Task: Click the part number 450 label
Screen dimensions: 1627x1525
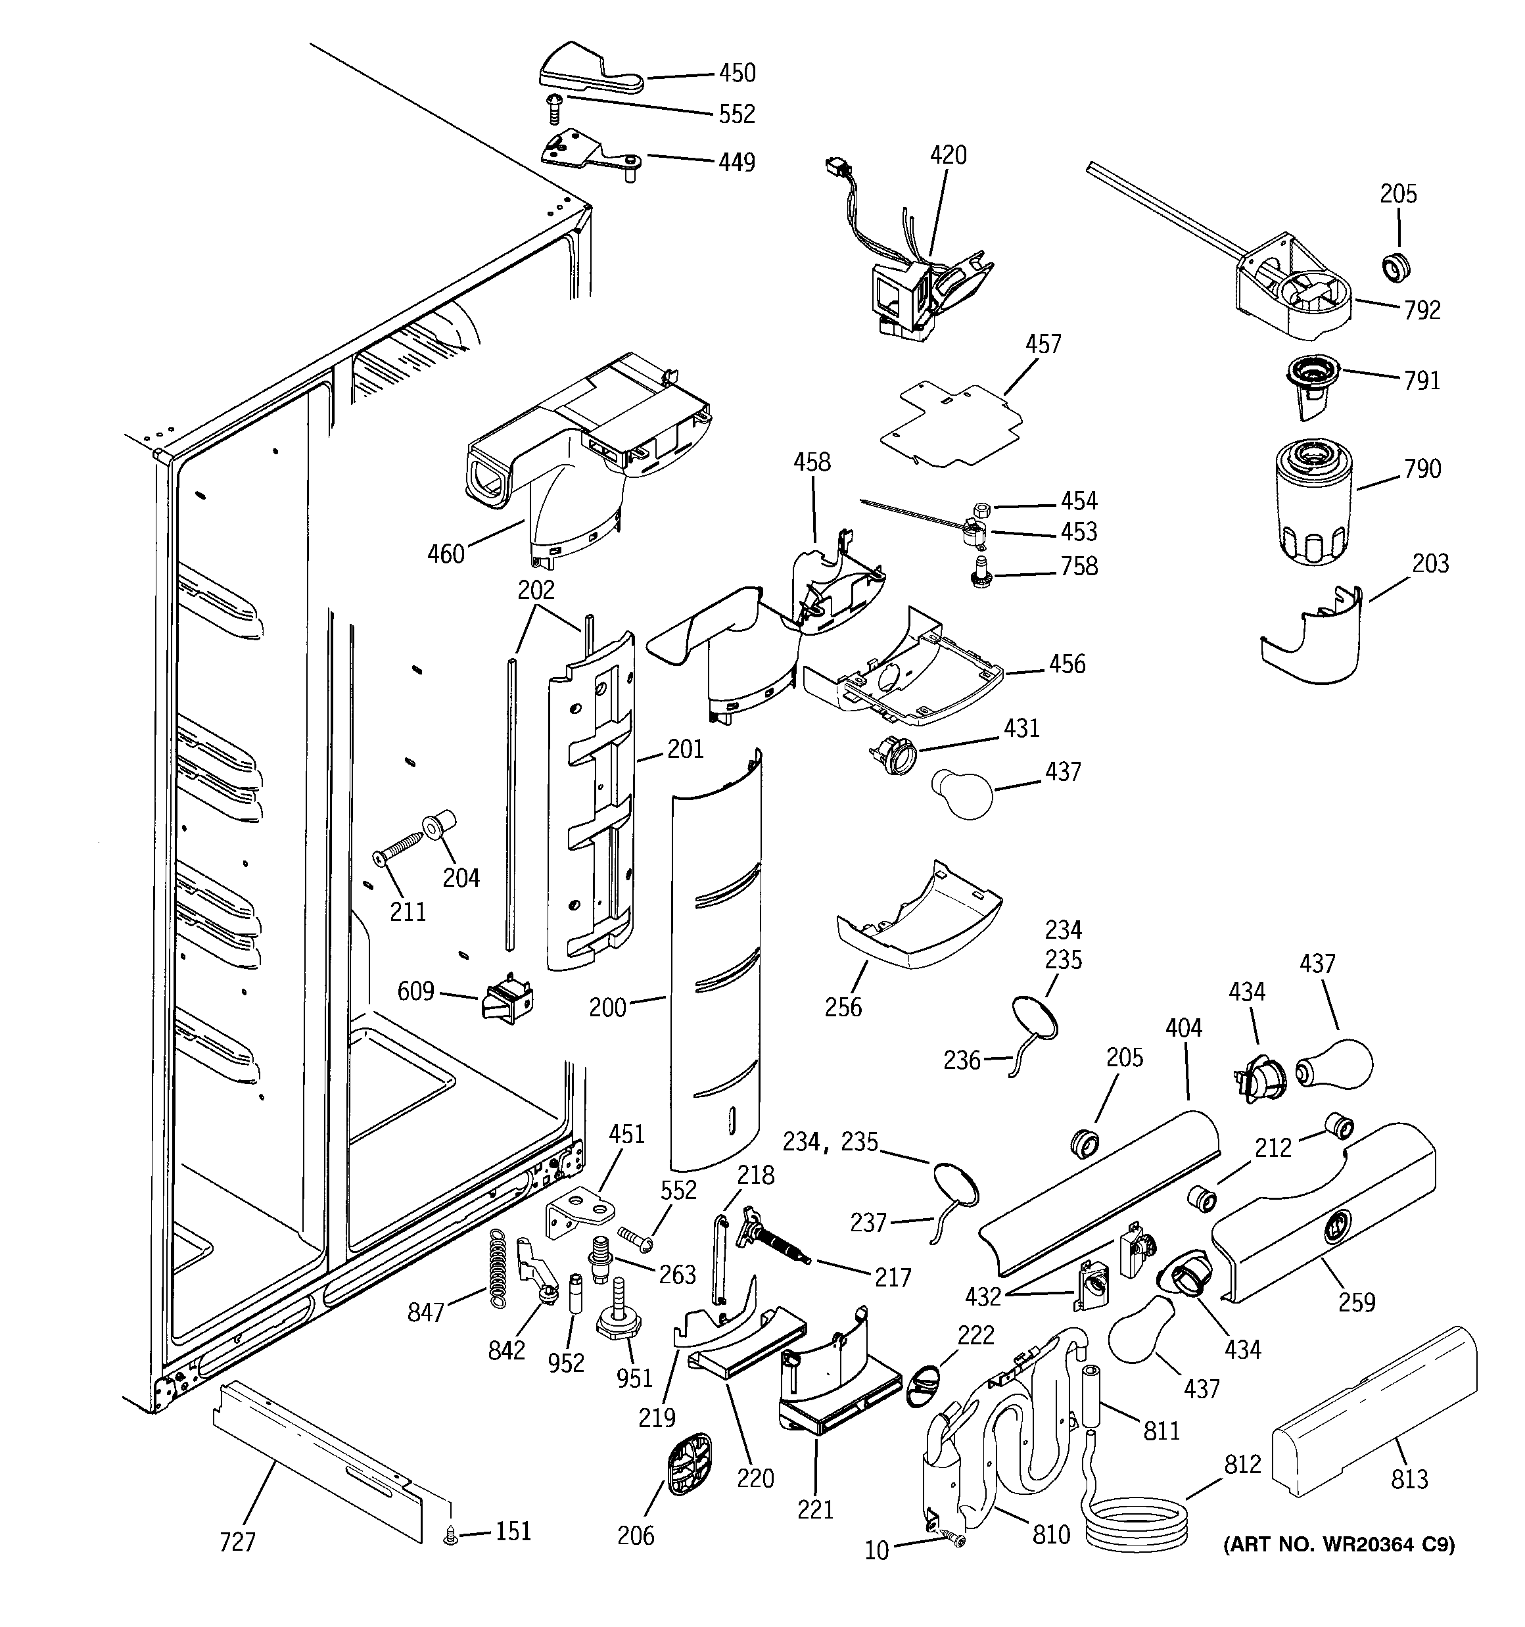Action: (x=737, y=74)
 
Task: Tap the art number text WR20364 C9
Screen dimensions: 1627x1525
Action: (x=1339, y=1544)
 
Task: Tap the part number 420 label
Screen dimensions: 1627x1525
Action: (x=948, y=154)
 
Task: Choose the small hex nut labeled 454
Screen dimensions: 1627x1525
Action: (x=983, y=507)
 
